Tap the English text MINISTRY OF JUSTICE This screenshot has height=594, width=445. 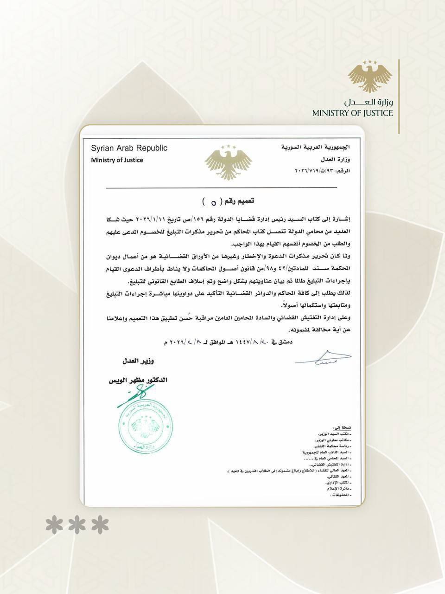pos(352,113)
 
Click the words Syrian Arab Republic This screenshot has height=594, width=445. pos(129,148)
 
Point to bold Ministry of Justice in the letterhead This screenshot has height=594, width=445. pos(117,160)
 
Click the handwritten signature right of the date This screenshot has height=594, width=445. pos(323,358)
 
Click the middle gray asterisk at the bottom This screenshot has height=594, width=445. pos(77,525)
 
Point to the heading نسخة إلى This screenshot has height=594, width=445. pos(343,427)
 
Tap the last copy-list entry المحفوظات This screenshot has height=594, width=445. pos(340,496)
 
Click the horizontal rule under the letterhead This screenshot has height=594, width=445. pos(222,187)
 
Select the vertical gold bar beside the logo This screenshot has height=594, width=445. pos(399,97)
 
